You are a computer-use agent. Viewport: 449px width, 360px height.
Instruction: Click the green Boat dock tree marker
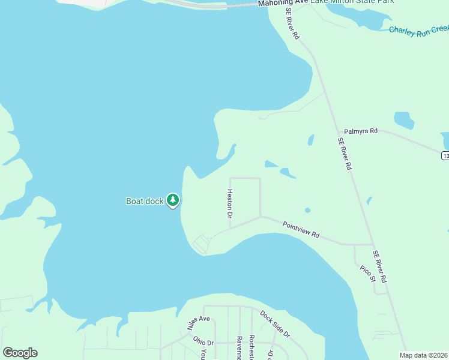click(173, 200)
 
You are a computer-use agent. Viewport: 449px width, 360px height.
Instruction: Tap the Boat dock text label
click(145, 201)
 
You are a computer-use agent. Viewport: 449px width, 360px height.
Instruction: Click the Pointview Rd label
click(301, 228)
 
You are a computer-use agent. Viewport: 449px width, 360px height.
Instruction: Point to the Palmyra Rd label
click(361, 131)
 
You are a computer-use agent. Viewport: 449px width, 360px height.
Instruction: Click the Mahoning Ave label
click(283, 3)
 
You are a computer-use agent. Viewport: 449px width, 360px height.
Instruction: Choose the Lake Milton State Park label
click(352, 2)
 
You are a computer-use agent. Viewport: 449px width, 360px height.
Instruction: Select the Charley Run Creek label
click(418, 30)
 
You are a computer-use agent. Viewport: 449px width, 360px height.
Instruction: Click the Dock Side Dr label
click(275, 323)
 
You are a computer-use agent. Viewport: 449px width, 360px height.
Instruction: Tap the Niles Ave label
click(198, 323)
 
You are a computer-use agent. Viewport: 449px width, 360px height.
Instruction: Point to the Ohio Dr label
click(203, 340)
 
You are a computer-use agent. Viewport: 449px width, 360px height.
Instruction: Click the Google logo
click(20, 353)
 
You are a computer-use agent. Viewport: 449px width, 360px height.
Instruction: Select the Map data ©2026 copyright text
click(424, 355)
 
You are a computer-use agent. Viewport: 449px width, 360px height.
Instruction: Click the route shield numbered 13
click(445, 156)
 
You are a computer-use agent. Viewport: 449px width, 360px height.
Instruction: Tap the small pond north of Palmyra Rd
click(404, 120)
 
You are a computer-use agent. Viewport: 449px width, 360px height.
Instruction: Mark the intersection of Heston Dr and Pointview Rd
click(230, 228)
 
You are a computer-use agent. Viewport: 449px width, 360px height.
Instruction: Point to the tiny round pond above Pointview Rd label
click(307, 210)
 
